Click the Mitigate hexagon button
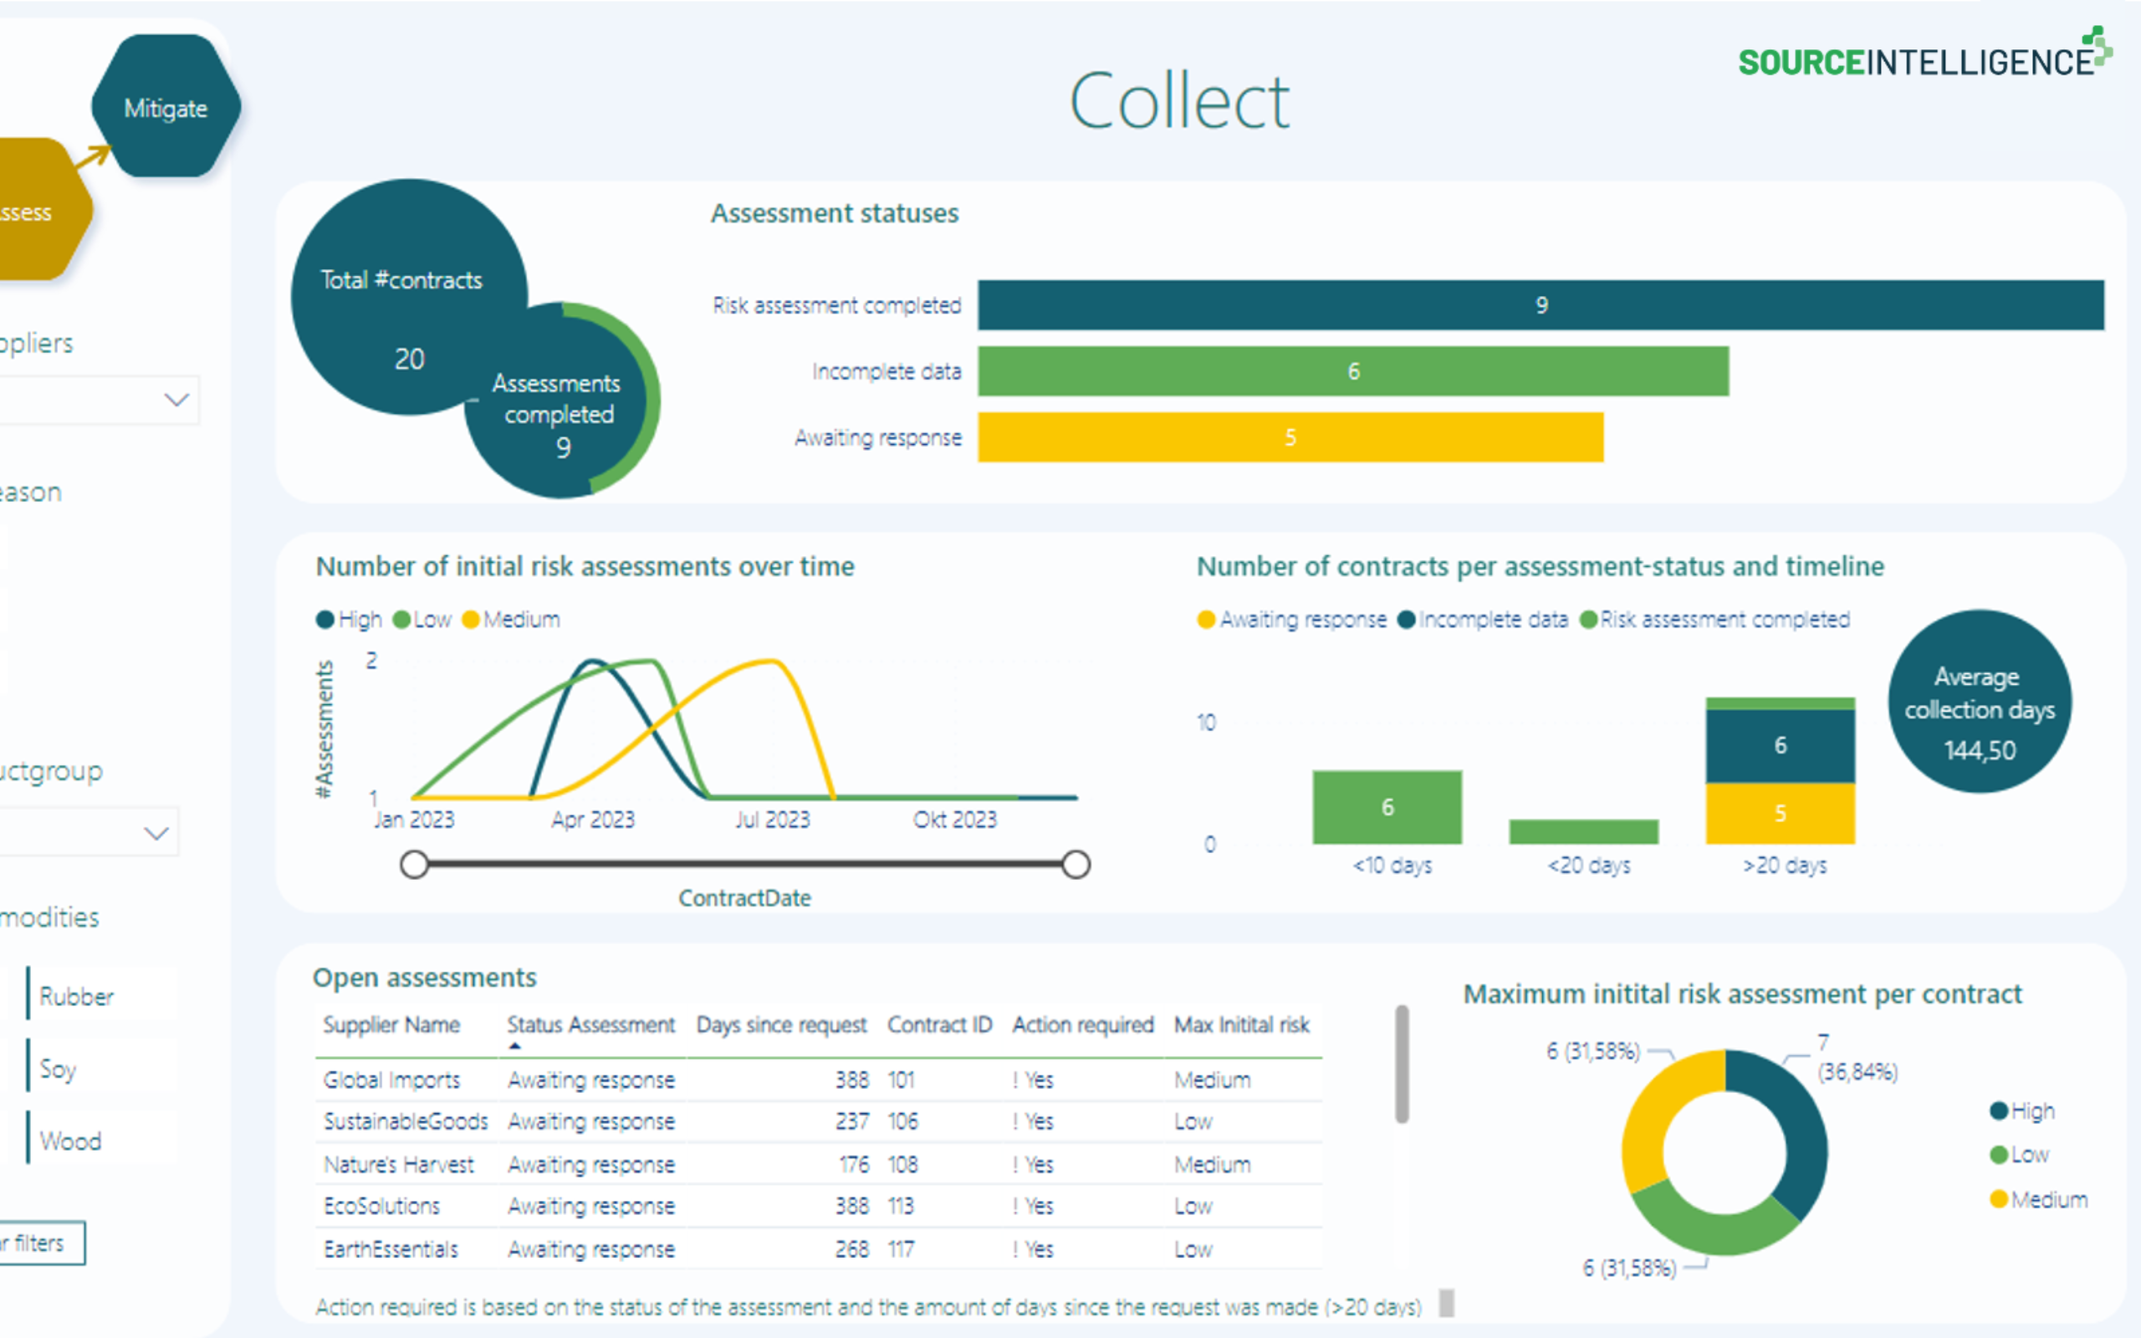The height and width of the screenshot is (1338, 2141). (166, 108)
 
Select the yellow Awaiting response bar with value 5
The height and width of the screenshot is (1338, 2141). (1289, 437)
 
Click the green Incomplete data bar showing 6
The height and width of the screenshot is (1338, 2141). (1352, 370)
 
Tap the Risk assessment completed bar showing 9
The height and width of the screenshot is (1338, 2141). (1540, 305)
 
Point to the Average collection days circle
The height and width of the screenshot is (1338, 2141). (1979, 701)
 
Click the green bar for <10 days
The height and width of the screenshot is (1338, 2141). (1387, 807)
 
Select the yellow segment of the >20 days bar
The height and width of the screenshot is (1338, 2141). (1779, 813)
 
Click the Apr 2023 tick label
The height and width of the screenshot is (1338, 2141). (593, 820)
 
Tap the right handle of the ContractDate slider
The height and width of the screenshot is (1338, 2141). (1075, 865)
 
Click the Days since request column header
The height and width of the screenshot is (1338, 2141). (780, 1024)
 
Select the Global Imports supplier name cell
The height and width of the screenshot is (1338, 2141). (391, 1080)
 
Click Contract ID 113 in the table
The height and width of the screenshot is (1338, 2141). (901, 1206)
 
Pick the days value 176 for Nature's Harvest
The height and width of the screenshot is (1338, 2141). (854, 1165)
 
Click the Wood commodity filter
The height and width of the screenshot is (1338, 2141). (71, 1141)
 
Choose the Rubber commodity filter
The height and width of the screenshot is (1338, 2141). (76, 997)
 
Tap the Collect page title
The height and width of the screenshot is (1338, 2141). (1179, 102)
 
